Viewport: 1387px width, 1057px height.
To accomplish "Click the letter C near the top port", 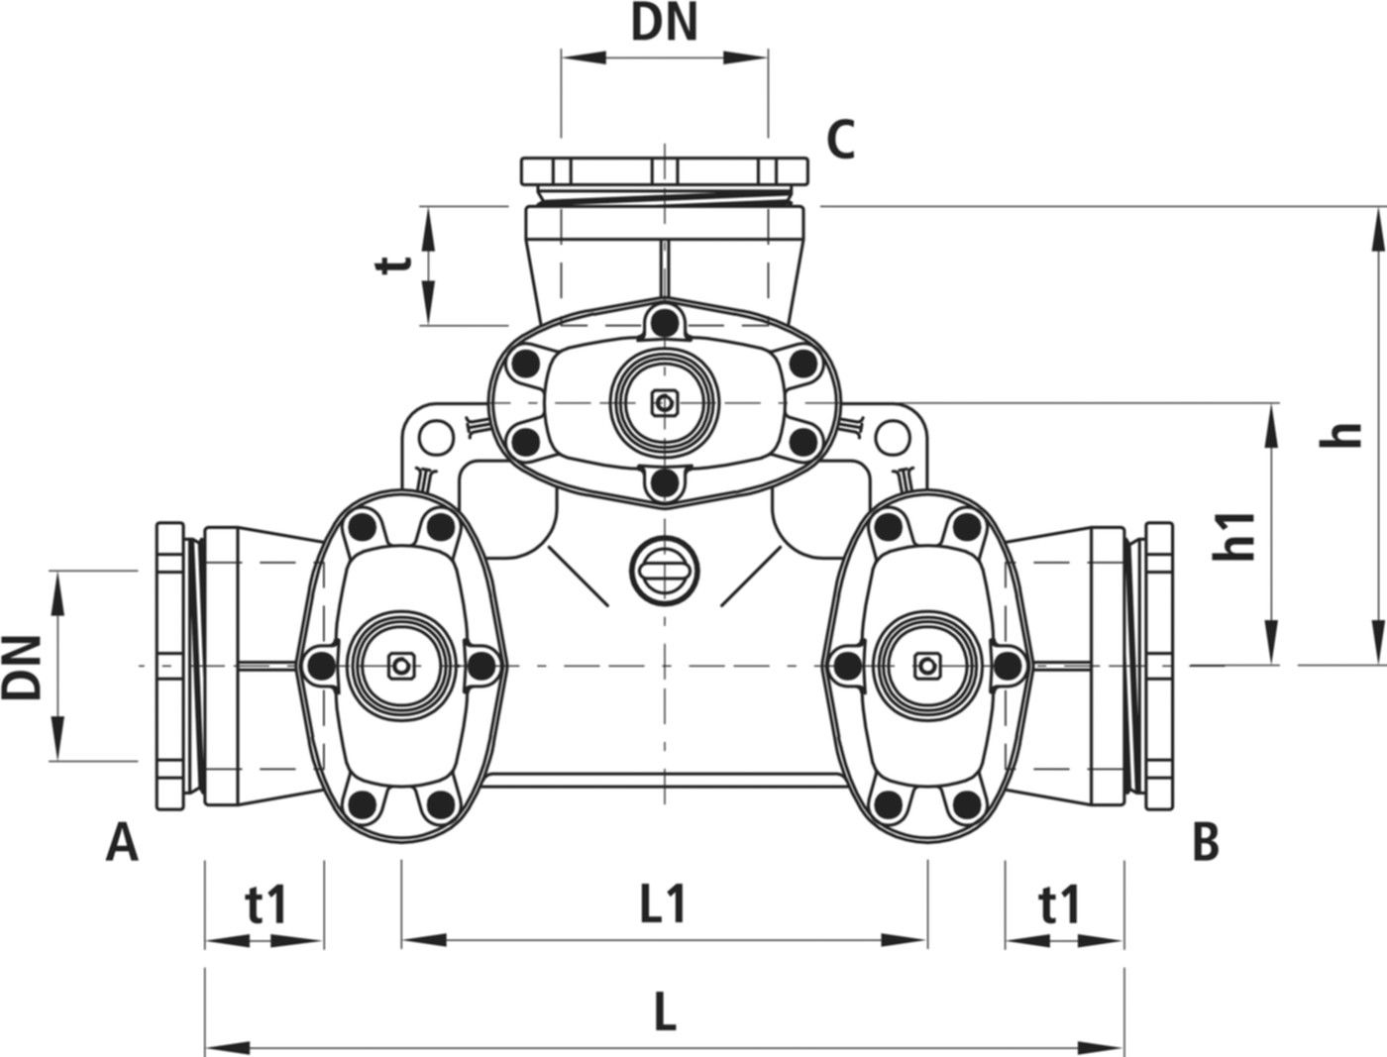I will click(x=841, y=142).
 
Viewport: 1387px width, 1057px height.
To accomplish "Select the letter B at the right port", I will click(x=1205, y=843).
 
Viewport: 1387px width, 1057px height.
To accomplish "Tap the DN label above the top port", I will click(x=665, y=26).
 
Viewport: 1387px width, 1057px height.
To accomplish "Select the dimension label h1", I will click(x=1235, y=535).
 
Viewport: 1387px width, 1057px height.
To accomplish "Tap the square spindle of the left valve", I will click(x=399, y=665).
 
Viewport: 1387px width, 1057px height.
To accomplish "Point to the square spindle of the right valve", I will click(x=926, y=665).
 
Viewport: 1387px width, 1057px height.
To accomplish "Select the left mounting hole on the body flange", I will click(x=433, y=434).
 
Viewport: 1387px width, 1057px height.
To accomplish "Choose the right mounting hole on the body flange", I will click(x=893, y=434).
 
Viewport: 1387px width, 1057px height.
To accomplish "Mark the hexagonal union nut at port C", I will click(x=665, y=170).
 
